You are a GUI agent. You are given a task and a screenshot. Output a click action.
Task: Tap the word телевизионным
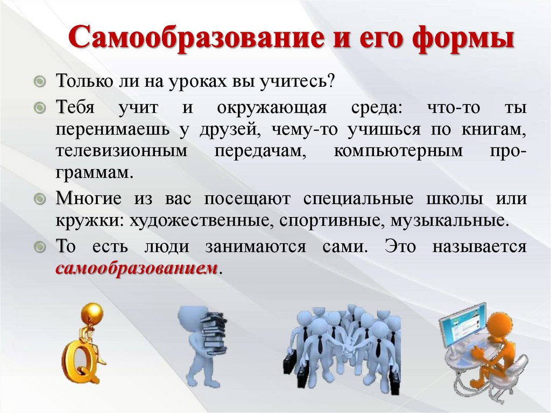(121, 151)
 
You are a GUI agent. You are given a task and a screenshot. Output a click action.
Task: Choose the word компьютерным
(398, 151)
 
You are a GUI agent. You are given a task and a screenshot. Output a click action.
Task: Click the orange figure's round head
(500, 325)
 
